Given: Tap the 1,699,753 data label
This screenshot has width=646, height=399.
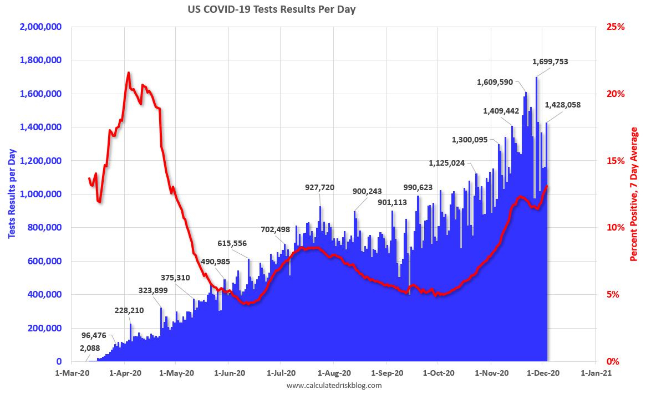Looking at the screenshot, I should click(550, 62).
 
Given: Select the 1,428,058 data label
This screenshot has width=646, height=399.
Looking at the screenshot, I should click(563, 104).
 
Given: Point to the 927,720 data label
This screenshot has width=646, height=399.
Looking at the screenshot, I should click(320, 187).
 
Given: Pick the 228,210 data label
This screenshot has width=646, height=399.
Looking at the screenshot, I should click(129, 310).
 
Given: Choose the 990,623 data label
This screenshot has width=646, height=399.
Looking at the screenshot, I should click(411, 187).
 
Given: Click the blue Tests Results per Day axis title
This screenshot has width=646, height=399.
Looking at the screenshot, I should click(11, 194).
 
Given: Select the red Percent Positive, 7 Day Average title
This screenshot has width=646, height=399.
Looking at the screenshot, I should click(634, 194).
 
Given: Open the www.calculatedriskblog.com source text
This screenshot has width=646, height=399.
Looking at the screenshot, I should click(334, 385).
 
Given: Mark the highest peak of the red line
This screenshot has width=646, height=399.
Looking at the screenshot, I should click(129, 73).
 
